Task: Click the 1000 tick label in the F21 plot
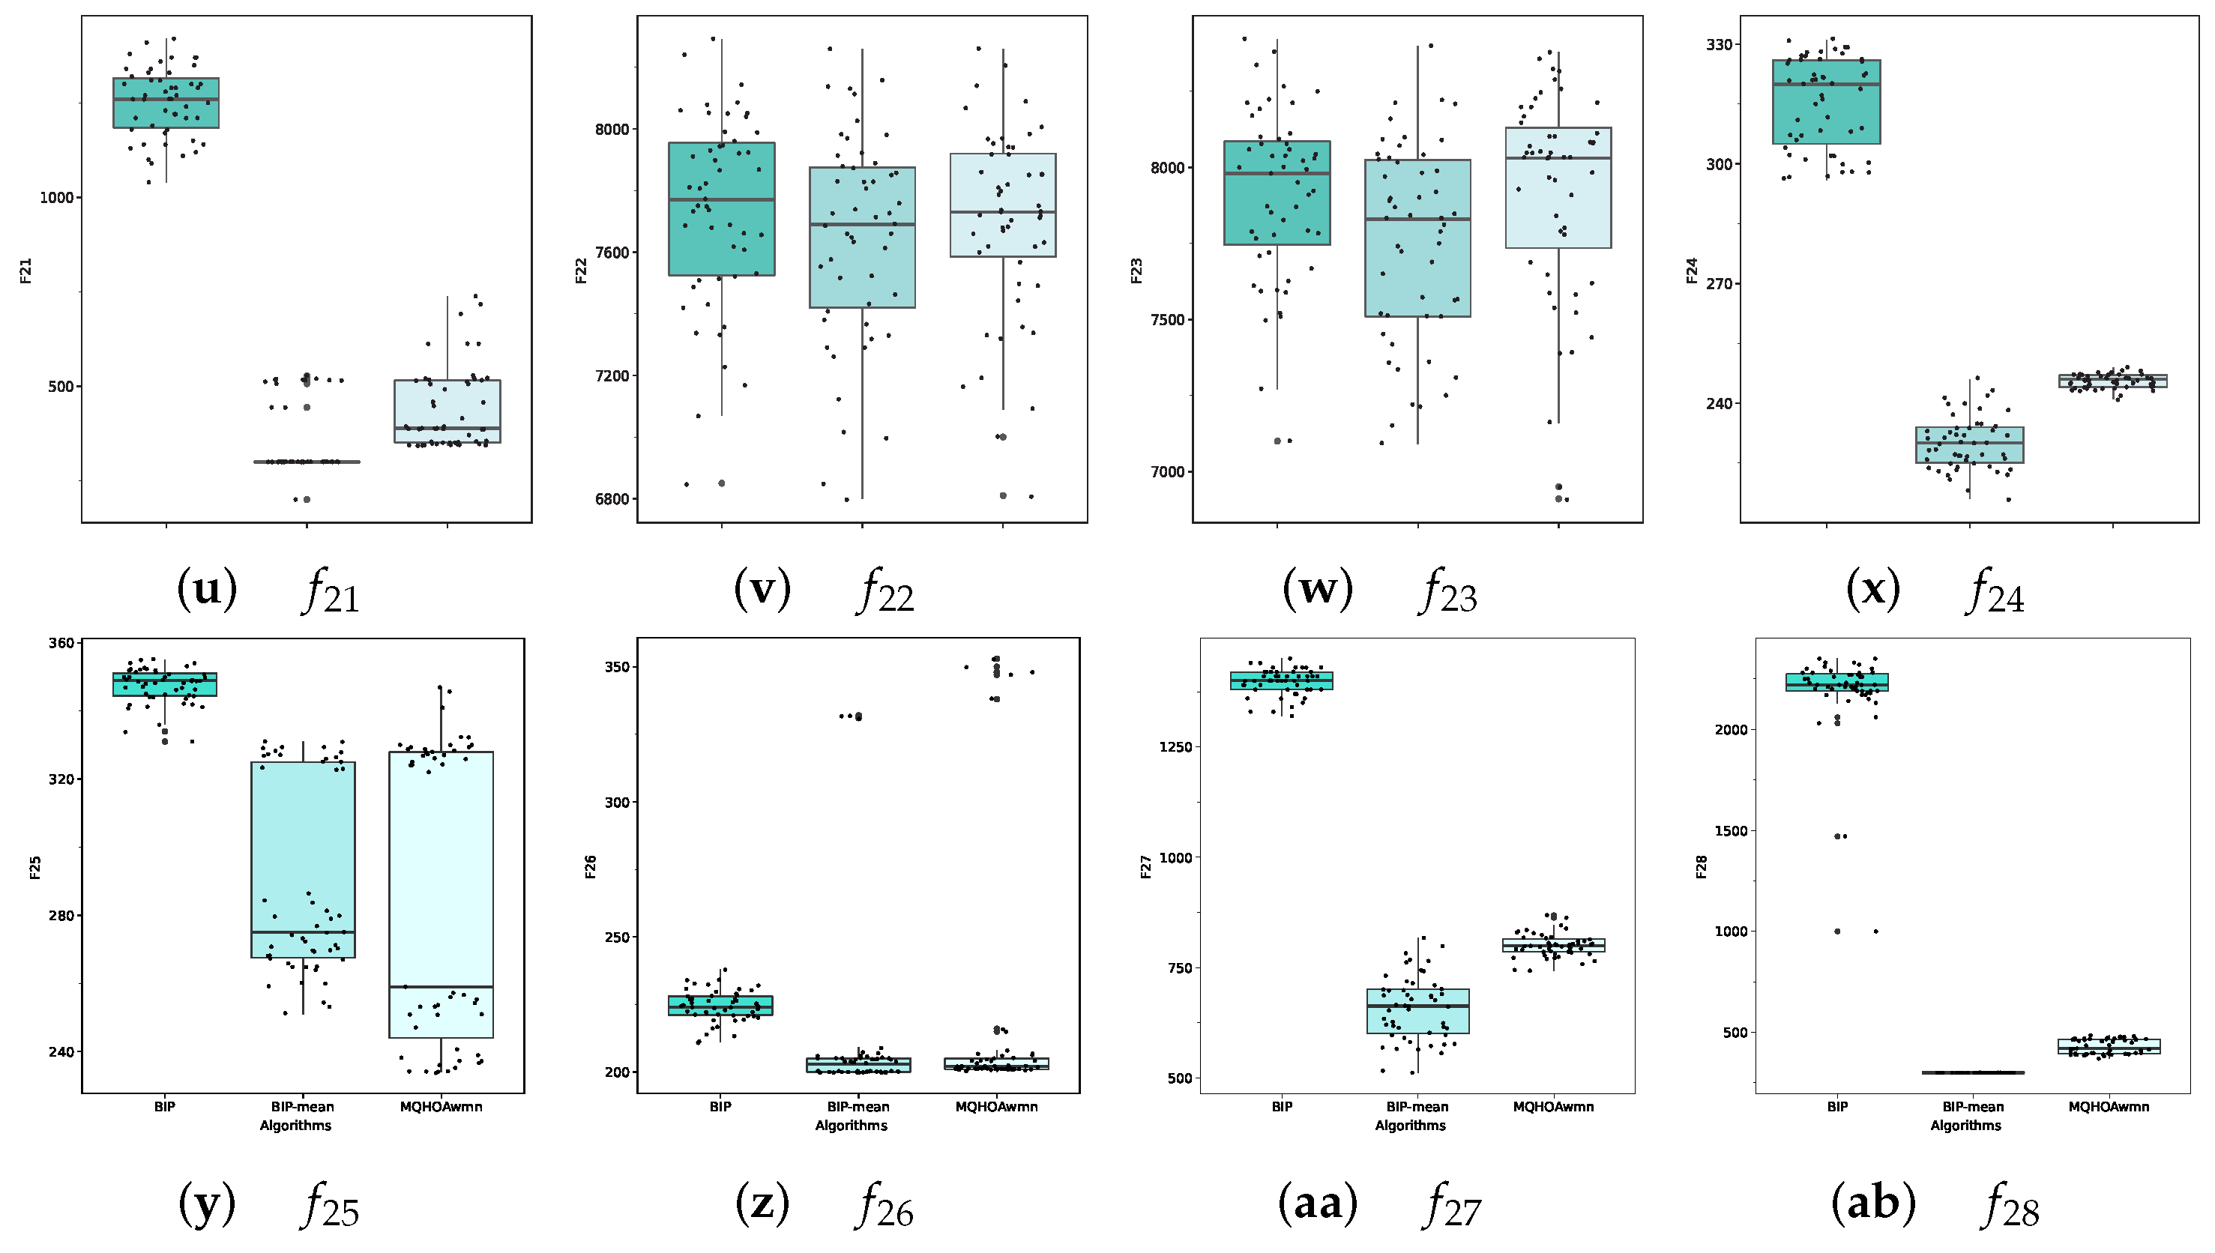[57, 197]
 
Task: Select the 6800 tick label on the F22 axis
[611, 499]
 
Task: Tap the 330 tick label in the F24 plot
[1719, 45]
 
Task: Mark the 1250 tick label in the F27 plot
[1175, 747]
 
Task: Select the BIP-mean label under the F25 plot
[302, 1107]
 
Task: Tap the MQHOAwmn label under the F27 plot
[1553, 1107]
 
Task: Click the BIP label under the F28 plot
[1837, 1107]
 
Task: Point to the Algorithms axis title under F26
[851, 1126]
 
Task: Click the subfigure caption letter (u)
[207, 591]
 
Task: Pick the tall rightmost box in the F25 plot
[441, 895]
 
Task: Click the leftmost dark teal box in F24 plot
[1826, 102]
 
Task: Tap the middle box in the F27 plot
[1417, 1011]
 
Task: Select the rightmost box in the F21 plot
[447, 411]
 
